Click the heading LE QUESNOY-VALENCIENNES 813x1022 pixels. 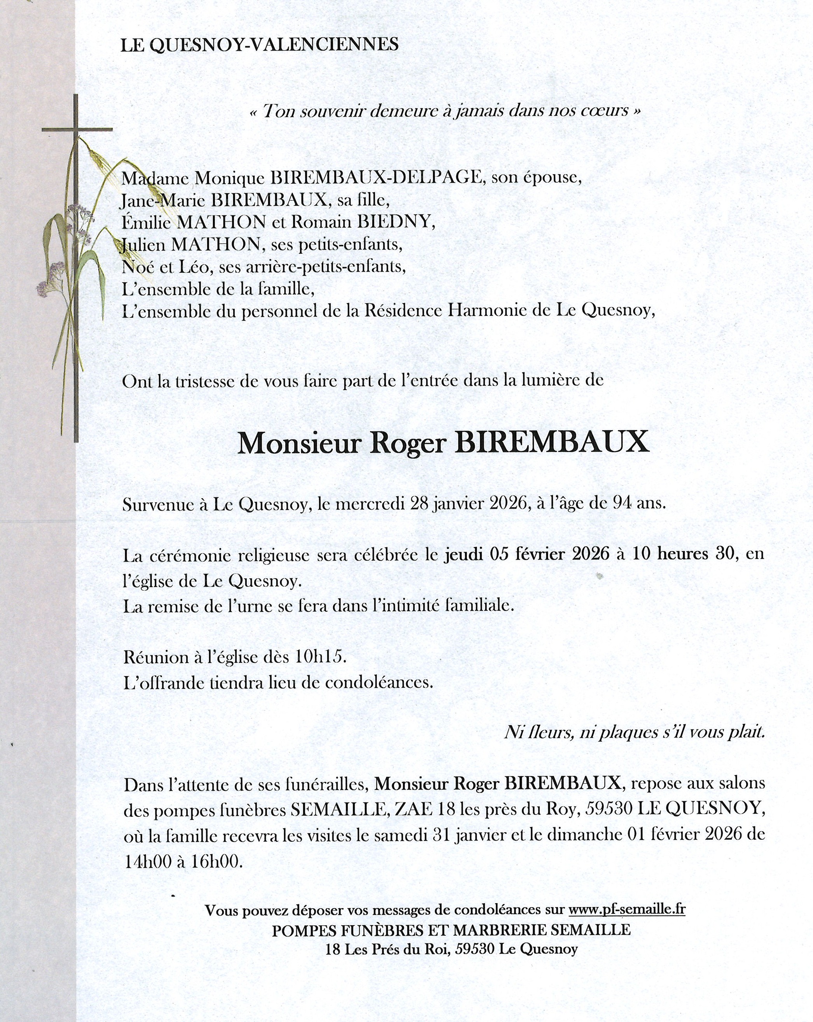(259, 45)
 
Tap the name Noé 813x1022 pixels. (136, 267)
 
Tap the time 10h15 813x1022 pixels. (320, 657)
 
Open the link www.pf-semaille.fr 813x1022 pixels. (627, 910)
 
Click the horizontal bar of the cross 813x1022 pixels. (77, 129)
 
